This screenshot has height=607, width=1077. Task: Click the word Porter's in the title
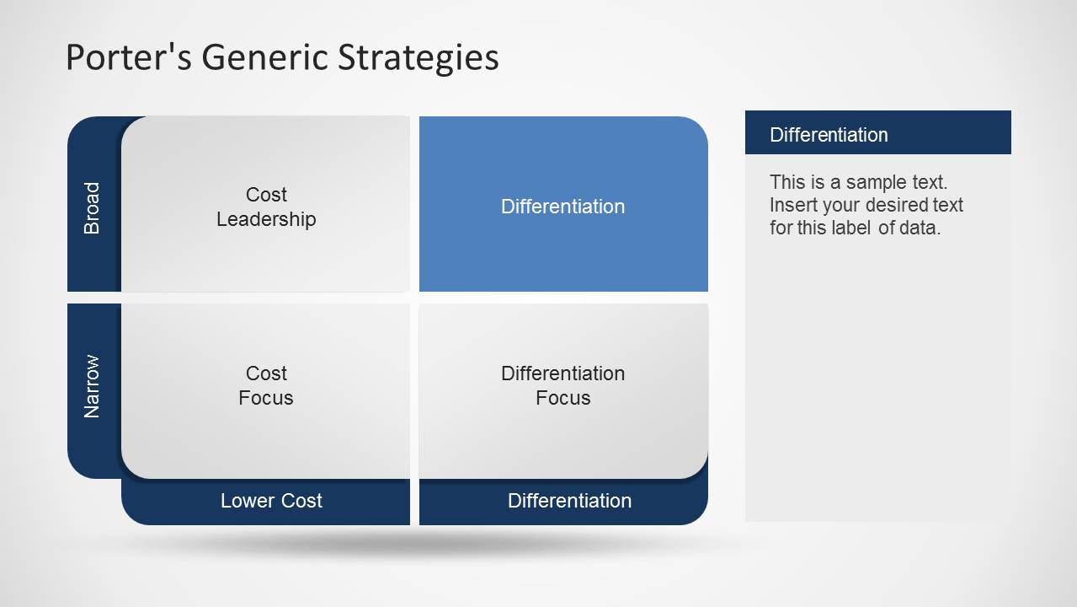[x=128, y=56]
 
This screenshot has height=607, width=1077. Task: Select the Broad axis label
[x=91, y=208]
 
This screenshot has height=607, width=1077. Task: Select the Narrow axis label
[x=91, y=386]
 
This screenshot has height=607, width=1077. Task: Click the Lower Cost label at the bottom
[x=271, y=501]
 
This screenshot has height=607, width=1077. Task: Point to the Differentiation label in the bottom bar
[x=569, y=501]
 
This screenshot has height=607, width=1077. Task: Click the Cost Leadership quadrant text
[x=266, y=207]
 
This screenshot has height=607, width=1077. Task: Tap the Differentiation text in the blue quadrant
[x=562, y=207]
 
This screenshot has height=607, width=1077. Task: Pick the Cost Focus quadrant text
[x=266, y=385]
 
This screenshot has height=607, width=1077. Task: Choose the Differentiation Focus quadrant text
[x=562, y=385]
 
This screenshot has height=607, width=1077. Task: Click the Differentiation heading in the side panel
[x=829, y=135]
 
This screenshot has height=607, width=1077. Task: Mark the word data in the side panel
[x=920, y=228]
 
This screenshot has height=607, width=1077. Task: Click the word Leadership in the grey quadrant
[x=266, y=219]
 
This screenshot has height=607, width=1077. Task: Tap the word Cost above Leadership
[x=266, y=195]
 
